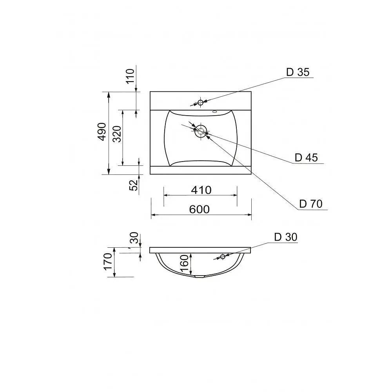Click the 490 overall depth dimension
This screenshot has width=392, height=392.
pyautogui.click(x=102, y=132)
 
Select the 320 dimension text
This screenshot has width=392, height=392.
pyautogui.click(x=117, y=134)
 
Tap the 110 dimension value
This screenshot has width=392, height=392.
pyautogui.click(x=130, y=76)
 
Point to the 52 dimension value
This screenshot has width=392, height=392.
pyautogui.click(x=134, y=185)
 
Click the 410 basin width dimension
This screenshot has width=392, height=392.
pyautogui.click(x=201, y=190)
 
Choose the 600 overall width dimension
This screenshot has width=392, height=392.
pyautogui.click(x=199, y=209)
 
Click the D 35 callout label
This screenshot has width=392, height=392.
pyautogui.click(x=298, y=72)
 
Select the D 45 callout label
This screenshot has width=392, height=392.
pyautogui.click(x=306, y=158)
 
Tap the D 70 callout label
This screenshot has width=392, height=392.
pyautogui.click(x=311, y=204)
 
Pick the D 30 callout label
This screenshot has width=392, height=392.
pyautogui.click(x=286, y=237)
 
